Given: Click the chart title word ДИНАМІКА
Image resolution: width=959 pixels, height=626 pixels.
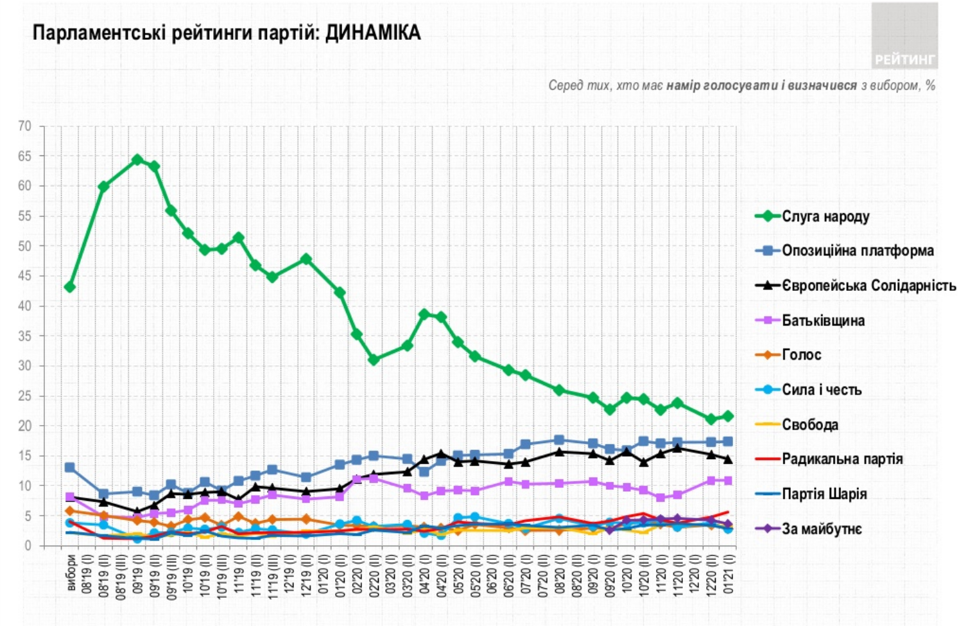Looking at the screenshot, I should point(372,33).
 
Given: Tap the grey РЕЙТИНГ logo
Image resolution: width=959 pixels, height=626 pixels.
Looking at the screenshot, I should point(904,36).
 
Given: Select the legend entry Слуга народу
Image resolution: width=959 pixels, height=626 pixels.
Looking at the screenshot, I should point(825,216).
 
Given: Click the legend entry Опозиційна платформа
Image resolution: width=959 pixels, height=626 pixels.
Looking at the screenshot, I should point(857,250).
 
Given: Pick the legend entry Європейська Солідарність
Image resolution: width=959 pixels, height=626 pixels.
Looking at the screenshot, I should point(868,285).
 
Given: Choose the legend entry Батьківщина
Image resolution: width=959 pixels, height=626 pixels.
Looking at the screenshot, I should point(823,320).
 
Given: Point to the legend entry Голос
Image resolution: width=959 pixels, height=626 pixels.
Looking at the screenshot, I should point(801,354).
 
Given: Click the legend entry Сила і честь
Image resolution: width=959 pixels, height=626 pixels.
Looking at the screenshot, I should point(821,389).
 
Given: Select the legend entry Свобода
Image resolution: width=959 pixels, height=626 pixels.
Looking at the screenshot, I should point(809,424).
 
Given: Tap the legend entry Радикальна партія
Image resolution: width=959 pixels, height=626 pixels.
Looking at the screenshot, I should point(842,459).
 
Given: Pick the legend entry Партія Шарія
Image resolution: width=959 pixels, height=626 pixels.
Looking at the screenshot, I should point(824,494).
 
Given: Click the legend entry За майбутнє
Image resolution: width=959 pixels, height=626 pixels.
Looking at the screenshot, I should point(822,528).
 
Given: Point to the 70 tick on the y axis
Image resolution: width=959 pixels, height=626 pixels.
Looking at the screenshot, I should point(24,126).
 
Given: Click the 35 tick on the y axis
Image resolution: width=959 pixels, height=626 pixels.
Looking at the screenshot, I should point(24,336).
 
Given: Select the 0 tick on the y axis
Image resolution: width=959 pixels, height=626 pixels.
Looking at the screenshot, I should point(28,546).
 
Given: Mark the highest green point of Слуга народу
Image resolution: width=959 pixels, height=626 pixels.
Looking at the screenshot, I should point(137,160).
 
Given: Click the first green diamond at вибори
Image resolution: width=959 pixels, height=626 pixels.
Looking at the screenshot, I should point(70,287).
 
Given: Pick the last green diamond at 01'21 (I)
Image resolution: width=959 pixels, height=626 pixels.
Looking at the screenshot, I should point(728,416).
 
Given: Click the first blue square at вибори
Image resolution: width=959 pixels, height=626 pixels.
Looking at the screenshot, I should point(70,467).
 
